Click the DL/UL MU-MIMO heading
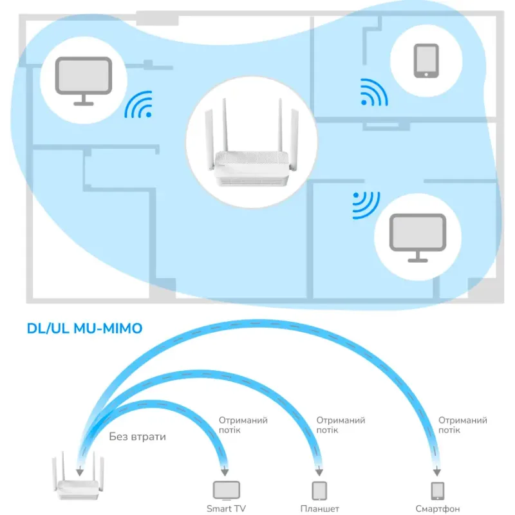coord(84,328)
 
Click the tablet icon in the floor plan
coord(426,61)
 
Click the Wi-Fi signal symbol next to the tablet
coord(374,92)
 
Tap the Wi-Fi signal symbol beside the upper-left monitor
coord(138,104)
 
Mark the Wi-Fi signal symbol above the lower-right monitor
coord(366,205)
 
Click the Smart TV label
coord(226,509)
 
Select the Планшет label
coord(319,509)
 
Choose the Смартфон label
coord(438,509)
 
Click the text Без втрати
coord(137,437)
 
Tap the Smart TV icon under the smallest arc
coord(227,491)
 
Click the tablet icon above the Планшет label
coord(319,491)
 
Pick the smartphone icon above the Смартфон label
coord(438,491)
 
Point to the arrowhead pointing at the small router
coord(79,472)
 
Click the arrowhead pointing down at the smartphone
coord(437,472)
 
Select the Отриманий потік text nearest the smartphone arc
coord(462,425)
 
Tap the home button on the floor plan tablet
coord(426,75)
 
